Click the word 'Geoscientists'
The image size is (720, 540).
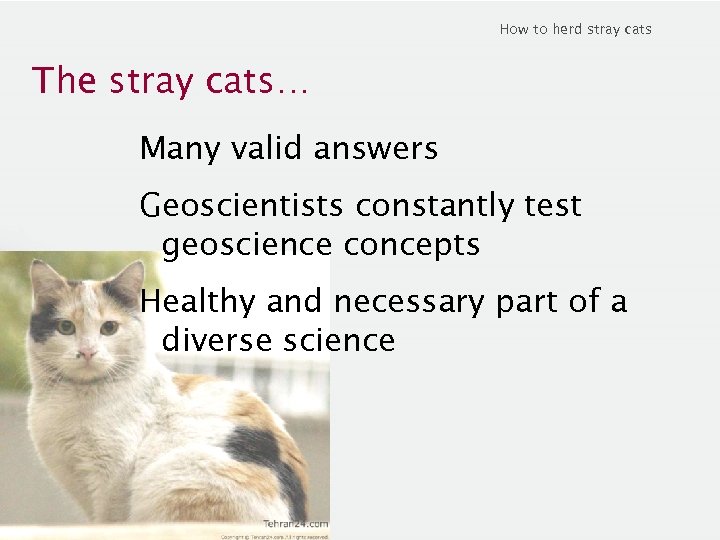(x=244, y=206)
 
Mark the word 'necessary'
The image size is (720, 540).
(x=413, y=301)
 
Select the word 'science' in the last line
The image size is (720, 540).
(x=339, y=341)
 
